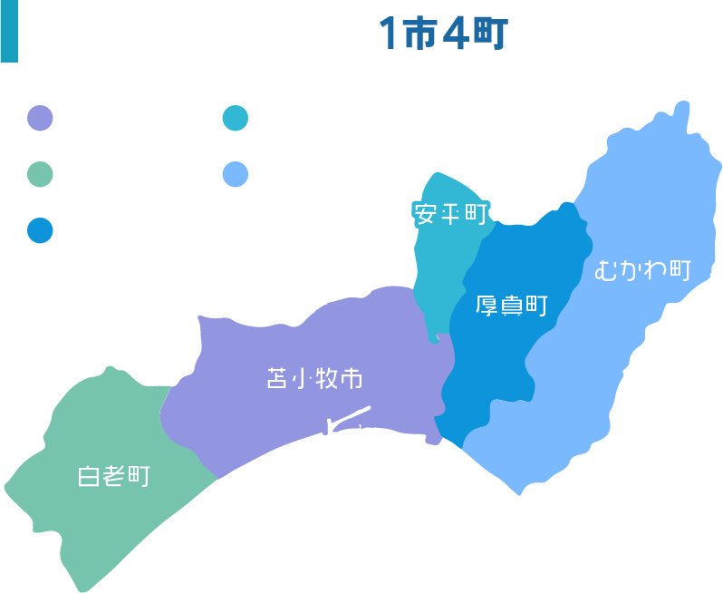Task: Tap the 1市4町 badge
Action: (444, 34)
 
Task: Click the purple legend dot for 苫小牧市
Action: (41, 119)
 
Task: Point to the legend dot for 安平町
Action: (236, 119)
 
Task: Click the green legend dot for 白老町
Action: (41, 174)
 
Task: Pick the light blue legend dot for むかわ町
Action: (236, 174)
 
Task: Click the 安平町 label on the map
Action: (450, 214)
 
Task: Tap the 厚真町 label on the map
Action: (512, 305)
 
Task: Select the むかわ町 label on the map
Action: (643, 270)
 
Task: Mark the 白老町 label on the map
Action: (113, 476)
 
